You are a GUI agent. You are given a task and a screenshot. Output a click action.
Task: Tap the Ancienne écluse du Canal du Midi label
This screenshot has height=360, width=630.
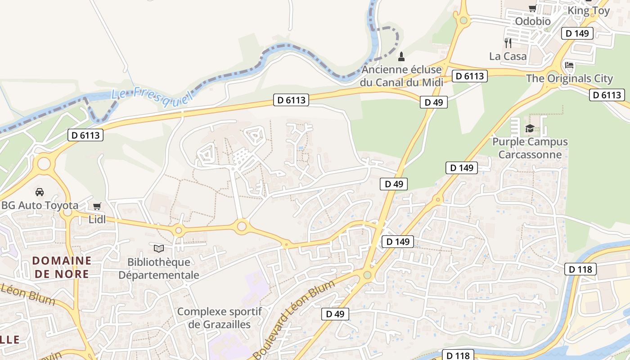[401, 76]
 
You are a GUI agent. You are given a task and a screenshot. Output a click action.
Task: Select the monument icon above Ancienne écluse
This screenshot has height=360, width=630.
[401, 57]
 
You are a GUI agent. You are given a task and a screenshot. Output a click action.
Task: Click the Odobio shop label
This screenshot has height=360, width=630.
[532, 21]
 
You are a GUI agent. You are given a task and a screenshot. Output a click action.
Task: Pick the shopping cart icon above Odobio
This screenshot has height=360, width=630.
[532, 8]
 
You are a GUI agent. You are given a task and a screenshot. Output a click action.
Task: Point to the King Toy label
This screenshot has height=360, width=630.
[589, 11]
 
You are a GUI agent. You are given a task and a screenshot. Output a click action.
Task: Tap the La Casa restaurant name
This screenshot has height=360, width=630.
[508, 56]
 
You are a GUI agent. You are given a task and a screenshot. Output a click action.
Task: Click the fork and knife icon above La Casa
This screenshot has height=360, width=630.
[508, 43]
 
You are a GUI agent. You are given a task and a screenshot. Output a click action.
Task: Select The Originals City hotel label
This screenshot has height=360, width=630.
[569, 78]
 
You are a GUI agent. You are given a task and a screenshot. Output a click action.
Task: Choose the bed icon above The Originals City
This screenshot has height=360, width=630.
[569, 66]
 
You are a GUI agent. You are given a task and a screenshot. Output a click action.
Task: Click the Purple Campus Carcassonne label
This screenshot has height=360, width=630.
[530, 148]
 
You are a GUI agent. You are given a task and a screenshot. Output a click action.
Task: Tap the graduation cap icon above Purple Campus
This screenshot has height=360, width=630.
[530, 128]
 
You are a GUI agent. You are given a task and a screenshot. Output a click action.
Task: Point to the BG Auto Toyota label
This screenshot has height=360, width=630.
[40, 206]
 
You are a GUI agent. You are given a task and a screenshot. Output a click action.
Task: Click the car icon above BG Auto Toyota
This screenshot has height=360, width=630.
[40, 192]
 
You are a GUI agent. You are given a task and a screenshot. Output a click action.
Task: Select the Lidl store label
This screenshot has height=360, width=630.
[97, 220]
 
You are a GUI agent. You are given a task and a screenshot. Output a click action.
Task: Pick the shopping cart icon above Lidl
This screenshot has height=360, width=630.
[97, 207]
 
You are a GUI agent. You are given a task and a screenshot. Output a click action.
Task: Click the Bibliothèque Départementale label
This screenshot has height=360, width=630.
[158, 268]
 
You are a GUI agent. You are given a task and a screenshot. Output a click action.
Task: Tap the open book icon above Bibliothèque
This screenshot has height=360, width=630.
[158, 248]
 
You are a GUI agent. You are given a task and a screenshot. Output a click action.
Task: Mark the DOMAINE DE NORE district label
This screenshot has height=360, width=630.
[62, 267]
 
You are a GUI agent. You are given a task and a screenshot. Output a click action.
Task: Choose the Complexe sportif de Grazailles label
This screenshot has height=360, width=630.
[219, 318]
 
